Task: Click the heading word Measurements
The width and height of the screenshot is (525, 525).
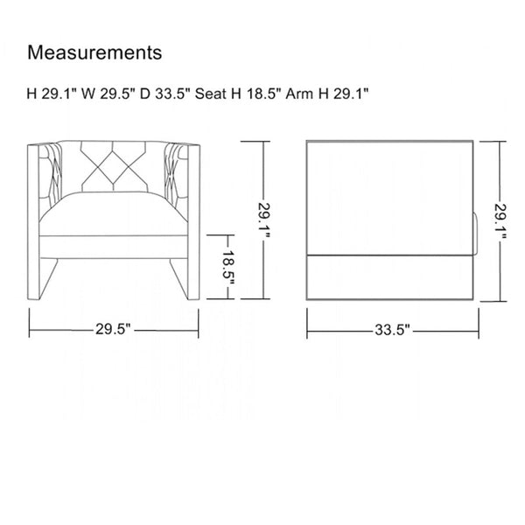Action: tap(94, 52)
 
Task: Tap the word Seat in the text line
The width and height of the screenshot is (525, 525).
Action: tap(211, 94)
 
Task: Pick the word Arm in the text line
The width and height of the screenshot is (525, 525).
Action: tap(299, 94)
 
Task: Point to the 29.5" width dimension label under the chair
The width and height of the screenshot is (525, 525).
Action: tap(113, 329)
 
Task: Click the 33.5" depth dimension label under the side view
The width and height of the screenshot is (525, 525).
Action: tap(392, 330)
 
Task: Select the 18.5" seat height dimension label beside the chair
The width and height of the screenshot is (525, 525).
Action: tap(229, 267)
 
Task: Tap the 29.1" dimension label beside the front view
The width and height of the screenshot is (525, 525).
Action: tap(264, 220)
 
